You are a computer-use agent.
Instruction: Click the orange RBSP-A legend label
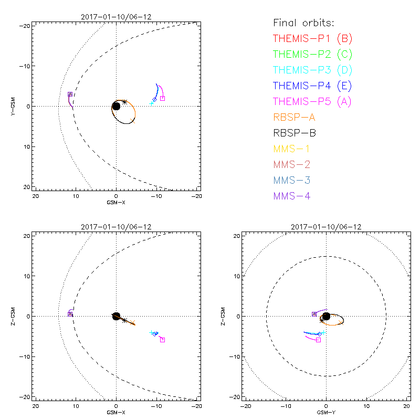294,117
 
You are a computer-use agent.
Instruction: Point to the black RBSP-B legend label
294,133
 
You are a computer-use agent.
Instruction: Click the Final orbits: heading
304,23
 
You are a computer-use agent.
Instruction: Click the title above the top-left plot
116,17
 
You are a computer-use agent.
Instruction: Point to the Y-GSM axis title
15,106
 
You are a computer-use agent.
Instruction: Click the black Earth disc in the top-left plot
116,106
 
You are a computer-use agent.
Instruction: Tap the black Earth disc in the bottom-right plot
326,316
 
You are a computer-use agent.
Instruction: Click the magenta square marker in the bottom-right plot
318,340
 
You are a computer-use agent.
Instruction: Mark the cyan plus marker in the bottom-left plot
151,333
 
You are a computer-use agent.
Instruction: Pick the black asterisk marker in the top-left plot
124,102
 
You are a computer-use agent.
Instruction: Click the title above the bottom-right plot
326,227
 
